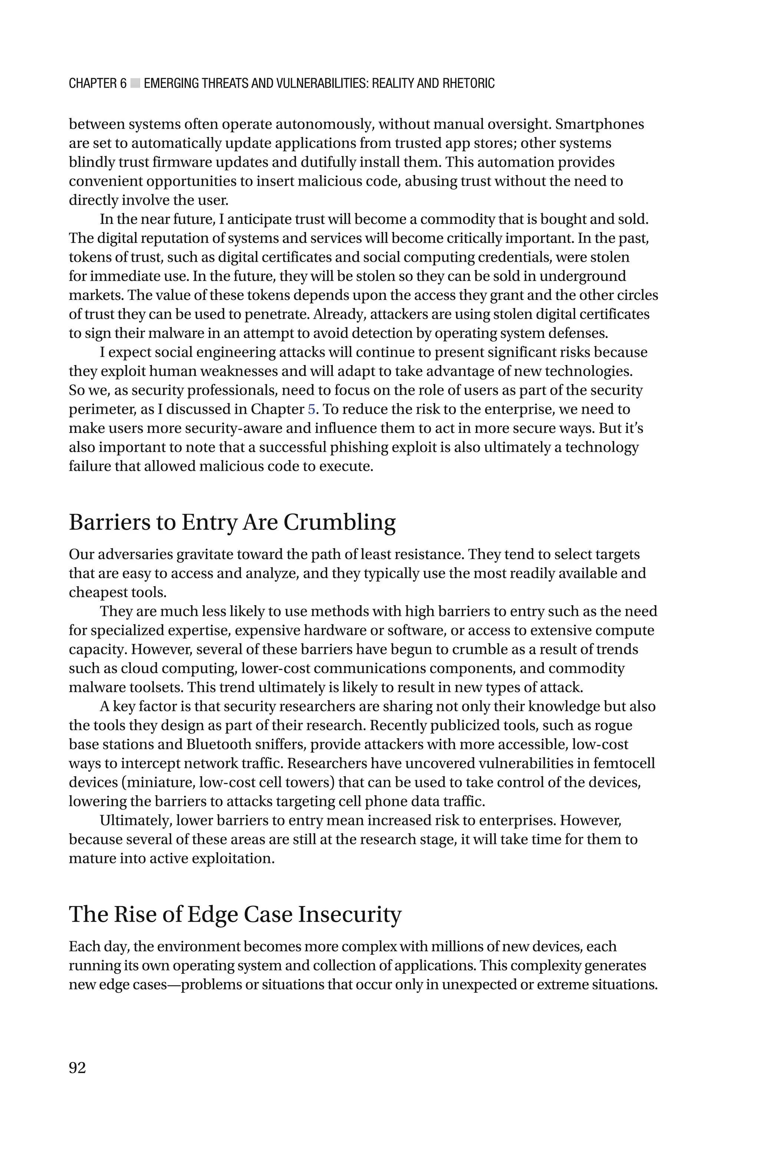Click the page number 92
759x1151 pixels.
[77, 1067]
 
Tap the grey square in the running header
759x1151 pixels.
[135, 83]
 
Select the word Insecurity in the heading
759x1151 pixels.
[349, 914]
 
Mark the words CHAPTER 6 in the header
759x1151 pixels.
[97, 83]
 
